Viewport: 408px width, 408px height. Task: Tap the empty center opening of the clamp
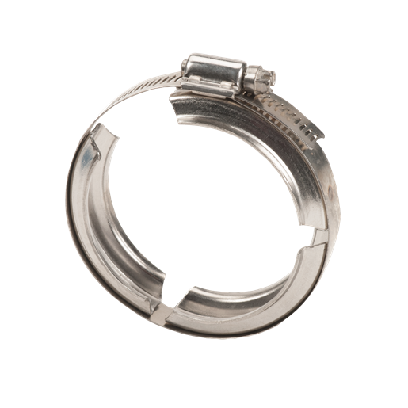(206, 198)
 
